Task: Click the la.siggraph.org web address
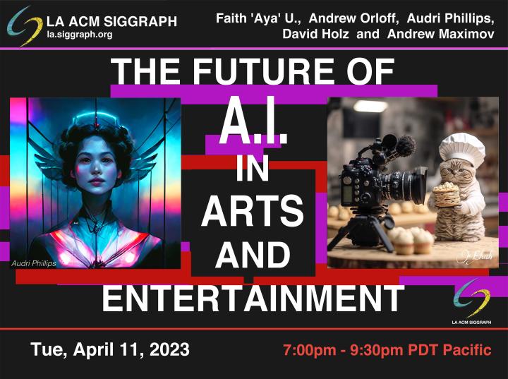(80, 35)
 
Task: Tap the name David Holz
(315, 34)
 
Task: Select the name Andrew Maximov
(440, 34)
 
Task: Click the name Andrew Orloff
(353, 18)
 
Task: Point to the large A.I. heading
(253, 121)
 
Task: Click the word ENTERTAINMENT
(253, 298)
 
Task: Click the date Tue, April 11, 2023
(110, 349)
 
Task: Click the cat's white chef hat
(462, 150)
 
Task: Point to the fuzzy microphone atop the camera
(406, 146)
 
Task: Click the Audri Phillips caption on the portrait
(34, 263)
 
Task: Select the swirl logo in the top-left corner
(25, 26)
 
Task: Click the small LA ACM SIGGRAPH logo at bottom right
(472, 302)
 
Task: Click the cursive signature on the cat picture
(475, 255)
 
